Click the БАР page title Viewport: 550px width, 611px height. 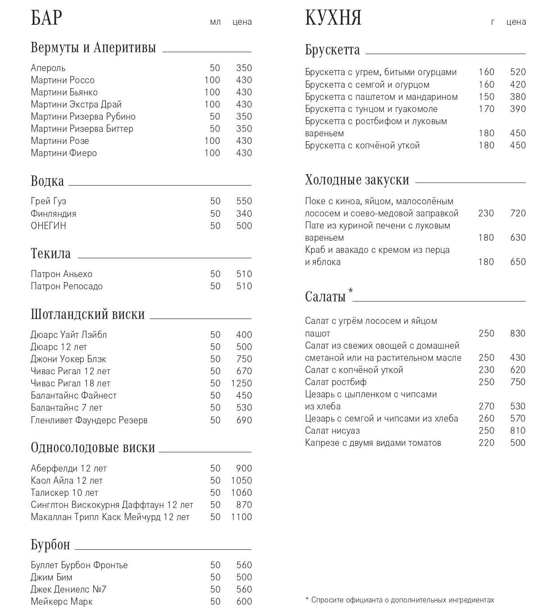point(46,18)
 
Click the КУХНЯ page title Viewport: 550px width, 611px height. point(333,18)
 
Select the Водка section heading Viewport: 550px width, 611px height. point(47,181)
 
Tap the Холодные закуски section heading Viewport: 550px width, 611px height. point(357,180)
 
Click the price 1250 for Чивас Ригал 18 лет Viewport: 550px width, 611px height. point(241,383)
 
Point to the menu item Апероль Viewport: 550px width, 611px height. point(48,68)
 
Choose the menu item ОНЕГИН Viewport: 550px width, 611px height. point(49,226)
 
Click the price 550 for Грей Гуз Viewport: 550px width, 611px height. point(244,201)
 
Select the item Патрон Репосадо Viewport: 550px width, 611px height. point(67,286)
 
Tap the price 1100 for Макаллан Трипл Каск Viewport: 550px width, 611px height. point(241,517)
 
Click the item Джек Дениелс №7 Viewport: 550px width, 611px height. point(68,589)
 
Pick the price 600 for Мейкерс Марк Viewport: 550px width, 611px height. point(244,602)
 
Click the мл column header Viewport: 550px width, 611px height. point(215,22)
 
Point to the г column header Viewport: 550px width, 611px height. point(493,22)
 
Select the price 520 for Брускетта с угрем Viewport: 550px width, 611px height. point(518,72)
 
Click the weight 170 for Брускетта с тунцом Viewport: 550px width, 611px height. point(486,109)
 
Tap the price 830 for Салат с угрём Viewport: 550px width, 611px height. point(518,333)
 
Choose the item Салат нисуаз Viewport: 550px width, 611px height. point(332,431)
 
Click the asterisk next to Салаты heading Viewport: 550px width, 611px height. point(350,291)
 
